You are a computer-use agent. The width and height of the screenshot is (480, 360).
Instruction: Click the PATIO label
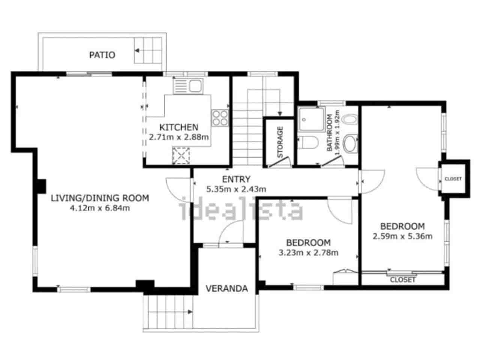102,55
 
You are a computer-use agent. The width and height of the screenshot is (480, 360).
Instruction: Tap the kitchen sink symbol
195,86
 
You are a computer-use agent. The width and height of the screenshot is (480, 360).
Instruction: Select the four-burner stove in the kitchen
220,117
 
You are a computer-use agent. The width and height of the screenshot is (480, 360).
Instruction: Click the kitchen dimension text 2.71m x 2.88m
179,137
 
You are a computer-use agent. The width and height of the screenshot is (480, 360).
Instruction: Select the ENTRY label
236,179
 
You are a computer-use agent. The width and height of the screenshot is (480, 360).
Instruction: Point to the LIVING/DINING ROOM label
100,198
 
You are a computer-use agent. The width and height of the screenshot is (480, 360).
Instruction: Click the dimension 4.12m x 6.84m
100,208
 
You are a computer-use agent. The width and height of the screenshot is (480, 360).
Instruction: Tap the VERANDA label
227,288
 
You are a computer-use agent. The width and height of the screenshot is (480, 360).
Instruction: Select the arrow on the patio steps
138,50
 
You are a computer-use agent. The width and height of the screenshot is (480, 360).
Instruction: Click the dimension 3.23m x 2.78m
308,253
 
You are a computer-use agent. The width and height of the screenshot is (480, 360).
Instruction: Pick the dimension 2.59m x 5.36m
402,236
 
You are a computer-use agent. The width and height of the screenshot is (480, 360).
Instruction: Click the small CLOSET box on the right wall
453,178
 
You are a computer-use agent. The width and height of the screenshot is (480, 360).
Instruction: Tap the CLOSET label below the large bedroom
403,280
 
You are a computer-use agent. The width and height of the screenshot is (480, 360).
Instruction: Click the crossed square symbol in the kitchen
181,156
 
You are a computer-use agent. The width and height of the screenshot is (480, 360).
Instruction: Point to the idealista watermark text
242,210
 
